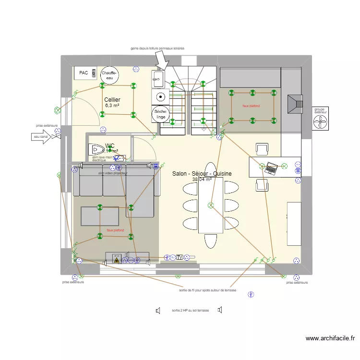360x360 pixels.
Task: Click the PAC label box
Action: tap(84, 73)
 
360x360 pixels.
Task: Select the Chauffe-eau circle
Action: tap(109, 75)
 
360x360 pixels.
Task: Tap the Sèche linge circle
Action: tap(160, 114)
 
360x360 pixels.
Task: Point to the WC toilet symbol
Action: tap(96, 149)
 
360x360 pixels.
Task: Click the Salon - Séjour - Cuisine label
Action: tap(202, 174)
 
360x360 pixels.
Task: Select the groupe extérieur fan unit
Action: tap(320, 122)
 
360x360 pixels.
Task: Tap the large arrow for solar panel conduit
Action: tap(162, 61)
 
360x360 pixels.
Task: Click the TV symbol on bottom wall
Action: tap(180, 257)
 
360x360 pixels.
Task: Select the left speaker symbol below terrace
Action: tap(157, 311)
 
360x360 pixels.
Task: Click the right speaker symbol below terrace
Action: tap(219, 310)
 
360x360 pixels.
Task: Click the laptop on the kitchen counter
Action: tap(271, 168)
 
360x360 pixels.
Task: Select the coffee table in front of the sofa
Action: tap(99, 216)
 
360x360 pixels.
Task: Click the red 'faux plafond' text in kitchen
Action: tap(251, 106)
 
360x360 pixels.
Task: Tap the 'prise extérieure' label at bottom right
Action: tap(296, 283)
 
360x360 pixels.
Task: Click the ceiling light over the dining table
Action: tap(210, 205)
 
